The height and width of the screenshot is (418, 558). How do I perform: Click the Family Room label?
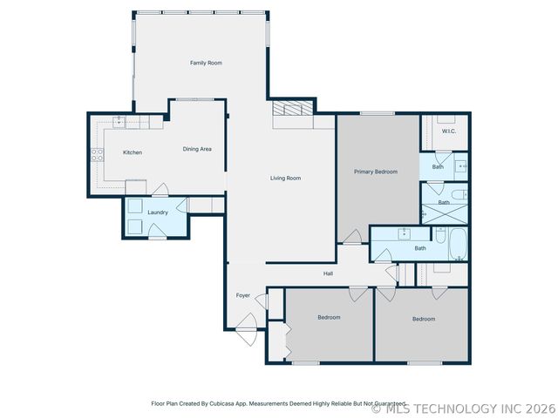click(207, 63)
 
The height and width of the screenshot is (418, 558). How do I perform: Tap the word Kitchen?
click(133, 152)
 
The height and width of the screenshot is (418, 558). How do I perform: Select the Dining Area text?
click(197, 149)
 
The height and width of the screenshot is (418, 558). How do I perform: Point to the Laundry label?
click(158, 212)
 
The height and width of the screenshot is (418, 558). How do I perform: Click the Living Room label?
click(285, 179)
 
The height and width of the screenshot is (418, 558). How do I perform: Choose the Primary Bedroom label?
click(376, 172)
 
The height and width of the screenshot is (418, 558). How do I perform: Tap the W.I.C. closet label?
click(449, 131)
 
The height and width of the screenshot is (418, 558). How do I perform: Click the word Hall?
click(329, 274)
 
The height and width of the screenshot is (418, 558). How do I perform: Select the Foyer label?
click(243, 295)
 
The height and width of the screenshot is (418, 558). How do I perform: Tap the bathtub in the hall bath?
click(459, 245)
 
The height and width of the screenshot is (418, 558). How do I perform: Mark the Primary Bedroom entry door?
click(351, 236)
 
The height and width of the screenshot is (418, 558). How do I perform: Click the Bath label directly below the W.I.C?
click(438, 166)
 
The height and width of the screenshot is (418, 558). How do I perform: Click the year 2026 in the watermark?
click(541, 408)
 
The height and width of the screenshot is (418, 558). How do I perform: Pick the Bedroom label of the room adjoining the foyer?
click(329, 318)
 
